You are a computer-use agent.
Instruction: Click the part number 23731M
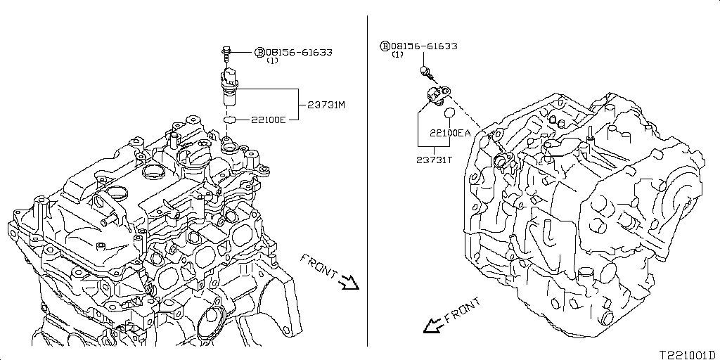click(x=326, y=105)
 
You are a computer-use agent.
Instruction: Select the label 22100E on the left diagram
click(x=268, y=120)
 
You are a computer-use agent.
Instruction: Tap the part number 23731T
click(x=433, y=160)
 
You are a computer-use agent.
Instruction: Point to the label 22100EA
click(x=451, y=132)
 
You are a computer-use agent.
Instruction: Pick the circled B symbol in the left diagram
click(x=259, y=52)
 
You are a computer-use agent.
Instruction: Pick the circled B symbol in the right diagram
click(x=385, y=46)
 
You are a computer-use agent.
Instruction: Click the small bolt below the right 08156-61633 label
click(x=425, y=71)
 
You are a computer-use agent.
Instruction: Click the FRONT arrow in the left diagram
click(x=347, y=283)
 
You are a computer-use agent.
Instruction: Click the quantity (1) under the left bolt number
click(x=272, y=60)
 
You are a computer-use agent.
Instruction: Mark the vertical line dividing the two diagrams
click(x=368, y=176)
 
